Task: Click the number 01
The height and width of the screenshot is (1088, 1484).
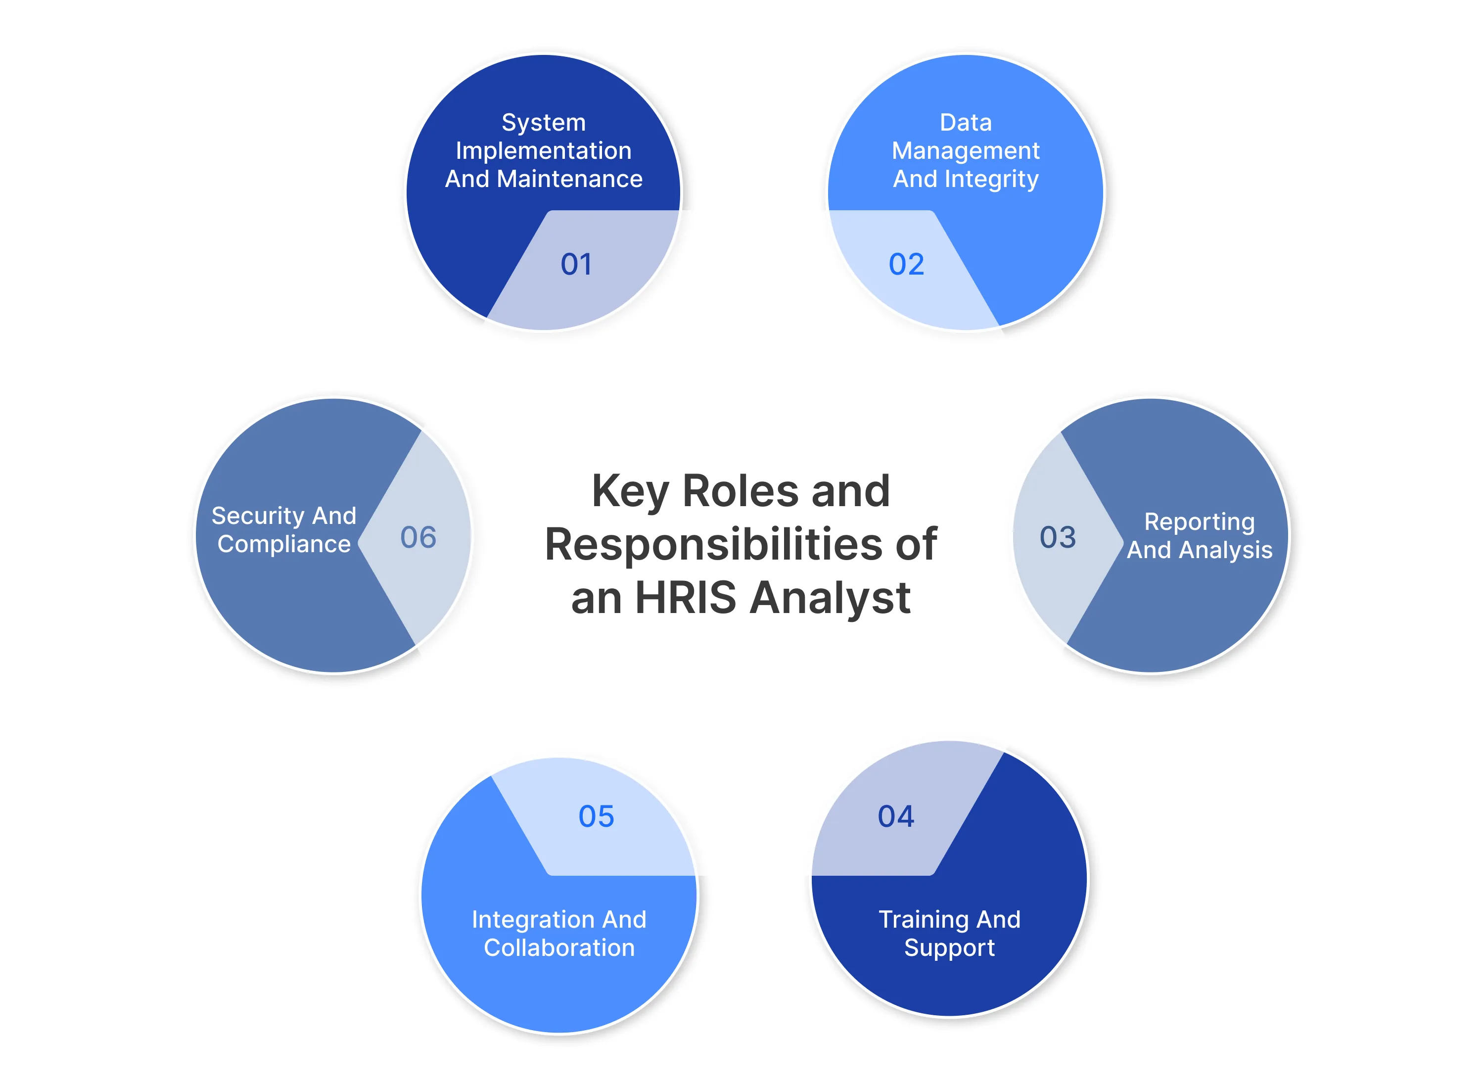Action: pos(576,264)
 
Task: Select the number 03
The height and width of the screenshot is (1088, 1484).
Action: pos(1058,537)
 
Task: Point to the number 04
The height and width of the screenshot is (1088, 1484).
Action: pos(895,817)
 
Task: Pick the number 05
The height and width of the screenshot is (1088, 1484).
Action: pos(596,817)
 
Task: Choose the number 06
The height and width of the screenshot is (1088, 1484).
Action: pos(418,537)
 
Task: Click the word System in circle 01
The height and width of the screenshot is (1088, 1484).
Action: pos(543,123)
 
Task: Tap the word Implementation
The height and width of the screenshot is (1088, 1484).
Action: pos(543,151)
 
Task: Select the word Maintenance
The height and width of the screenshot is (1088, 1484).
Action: pos(569,179)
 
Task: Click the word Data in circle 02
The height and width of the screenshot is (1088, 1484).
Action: pos(965,123)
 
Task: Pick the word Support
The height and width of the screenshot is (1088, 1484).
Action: pos(949,947)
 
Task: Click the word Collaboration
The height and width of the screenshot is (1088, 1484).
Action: pos(559,947)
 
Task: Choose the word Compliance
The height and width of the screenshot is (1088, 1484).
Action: pos(284,544)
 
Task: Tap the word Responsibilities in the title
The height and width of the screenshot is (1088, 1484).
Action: pos(714,545)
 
